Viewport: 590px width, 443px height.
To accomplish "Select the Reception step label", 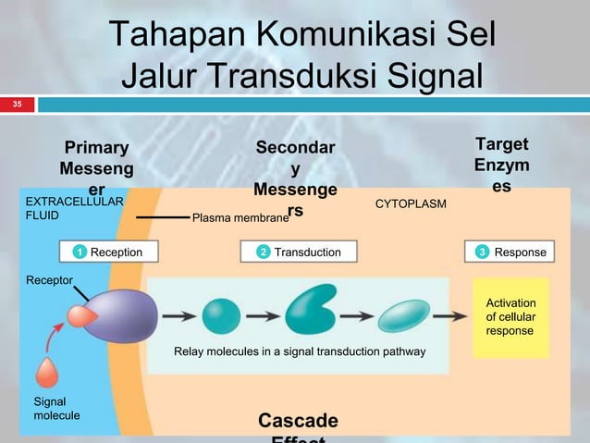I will tap(116, 252).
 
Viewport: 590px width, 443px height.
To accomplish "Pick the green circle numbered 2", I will tap(263, 252).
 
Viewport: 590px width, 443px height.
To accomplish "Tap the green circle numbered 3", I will tap(482, 252).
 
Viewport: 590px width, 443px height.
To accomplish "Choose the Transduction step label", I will tap(307, 252).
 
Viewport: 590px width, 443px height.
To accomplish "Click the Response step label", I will tap(520, 252).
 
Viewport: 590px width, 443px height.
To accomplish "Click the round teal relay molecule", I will tap(221, 315).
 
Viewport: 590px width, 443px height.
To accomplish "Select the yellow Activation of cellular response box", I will tap(510, 317).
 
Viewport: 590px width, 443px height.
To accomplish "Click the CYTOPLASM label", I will tap(411, 202).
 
